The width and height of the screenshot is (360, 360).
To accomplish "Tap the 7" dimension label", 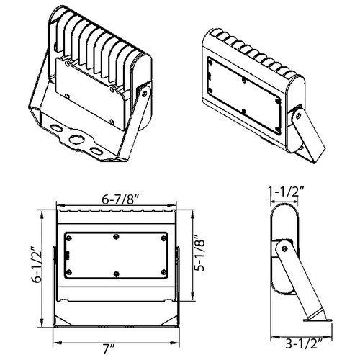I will point(110,349).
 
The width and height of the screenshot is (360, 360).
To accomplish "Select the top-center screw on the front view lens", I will point(115,235).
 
